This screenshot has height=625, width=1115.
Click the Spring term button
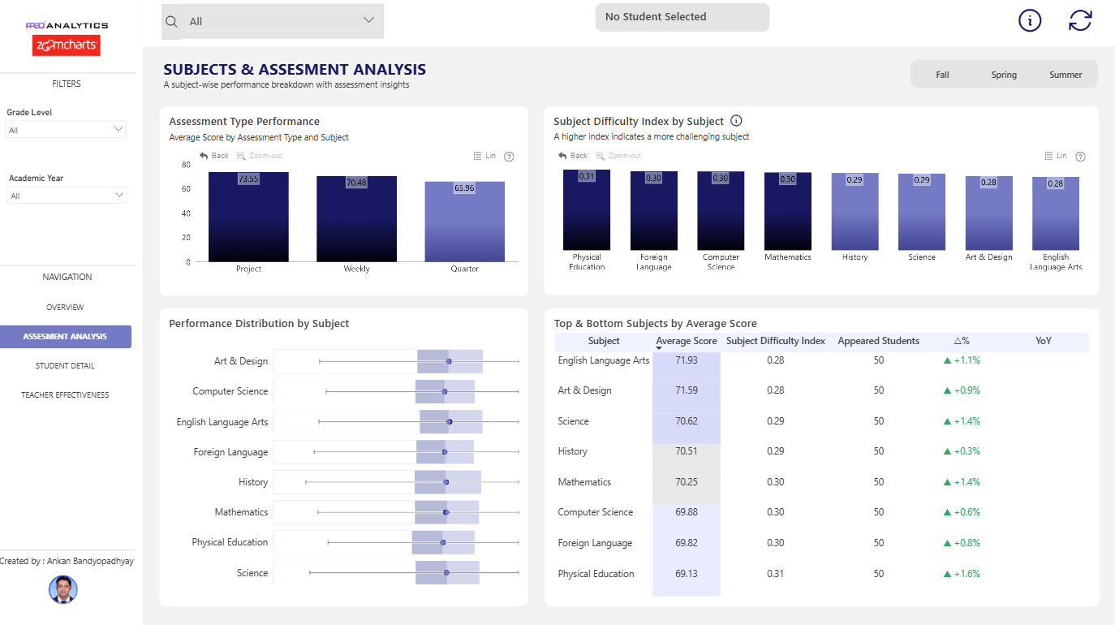[1004, 75]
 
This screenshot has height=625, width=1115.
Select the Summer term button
[1065, 75]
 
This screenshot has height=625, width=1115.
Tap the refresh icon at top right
[1080, 20]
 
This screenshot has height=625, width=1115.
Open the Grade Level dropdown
[65, 130]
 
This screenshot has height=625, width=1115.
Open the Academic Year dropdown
[67, 196]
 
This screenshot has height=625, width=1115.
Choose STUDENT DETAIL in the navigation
[65, 365]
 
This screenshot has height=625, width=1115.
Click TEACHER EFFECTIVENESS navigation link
[65, 395]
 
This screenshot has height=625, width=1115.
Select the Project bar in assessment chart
[248, 217]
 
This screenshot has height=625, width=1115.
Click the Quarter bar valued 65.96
[464, 222]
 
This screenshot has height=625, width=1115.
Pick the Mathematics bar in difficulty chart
[787, 211]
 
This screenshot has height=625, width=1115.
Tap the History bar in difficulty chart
[855, 212]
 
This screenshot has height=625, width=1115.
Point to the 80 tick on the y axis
[186, 165]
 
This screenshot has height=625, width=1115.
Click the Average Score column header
[686, 341]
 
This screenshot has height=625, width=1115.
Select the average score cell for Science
[686, 421]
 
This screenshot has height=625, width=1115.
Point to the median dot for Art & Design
[449, 361]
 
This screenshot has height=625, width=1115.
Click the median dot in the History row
[446, 482]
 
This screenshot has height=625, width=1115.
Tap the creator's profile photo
[62, 589]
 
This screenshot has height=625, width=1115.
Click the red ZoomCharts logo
[67, 45]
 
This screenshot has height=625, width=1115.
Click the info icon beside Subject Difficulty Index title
[736, 121]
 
